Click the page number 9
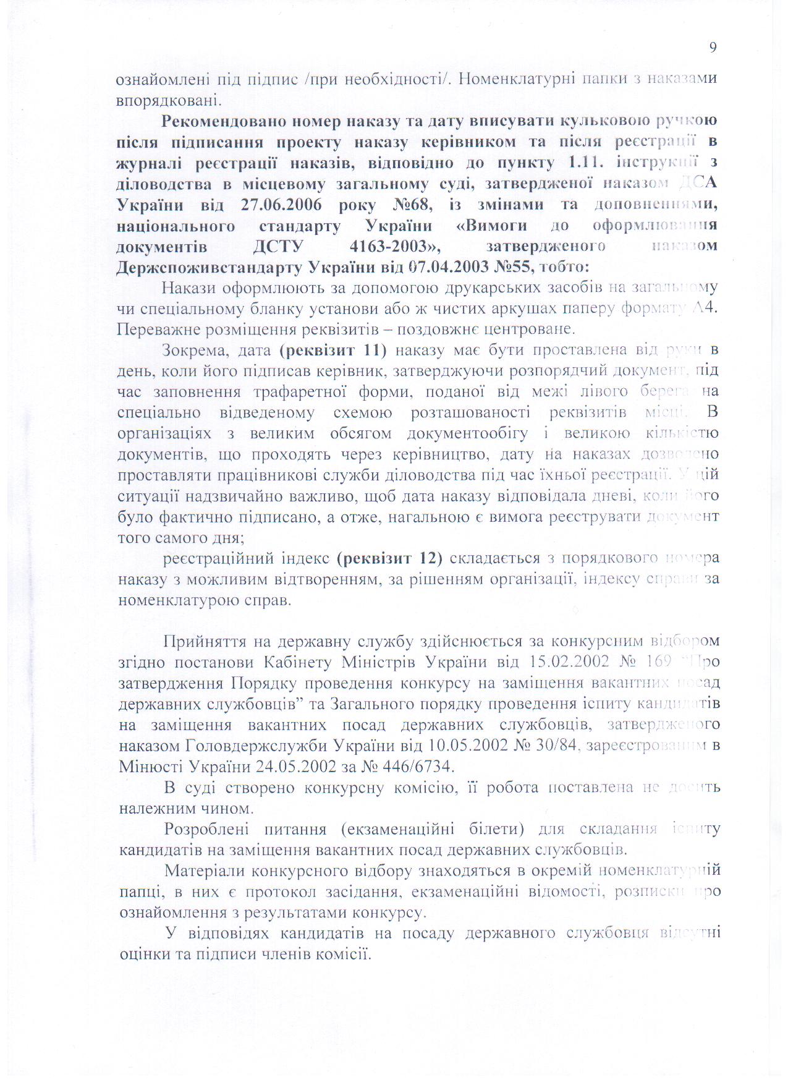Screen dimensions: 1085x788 (713, 48)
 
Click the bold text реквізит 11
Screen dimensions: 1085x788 (333, 351)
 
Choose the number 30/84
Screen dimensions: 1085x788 (554, 746)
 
